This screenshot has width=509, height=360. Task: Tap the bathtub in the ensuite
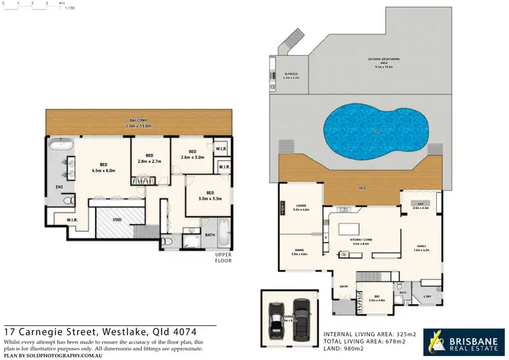[x=61, y=145]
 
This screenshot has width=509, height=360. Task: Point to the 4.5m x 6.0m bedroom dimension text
[x=104, y=170]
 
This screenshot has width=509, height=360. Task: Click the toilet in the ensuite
[x=68, y=202]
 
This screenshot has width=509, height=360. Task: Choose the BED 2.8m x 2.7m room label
[x=149, y=160]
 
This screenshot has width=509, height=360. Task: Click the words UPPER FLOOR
[x=223, y=257]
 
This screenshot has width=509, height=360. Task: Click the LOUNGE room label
[x=301, y=207]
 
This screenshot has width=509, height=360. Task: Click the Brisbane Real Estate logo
[x=464, y=342]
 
